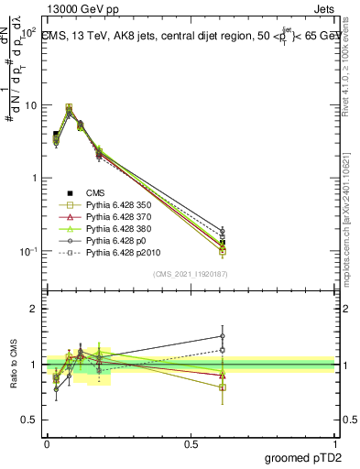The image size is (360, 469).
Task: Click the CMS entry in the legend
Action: (96, 193)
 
